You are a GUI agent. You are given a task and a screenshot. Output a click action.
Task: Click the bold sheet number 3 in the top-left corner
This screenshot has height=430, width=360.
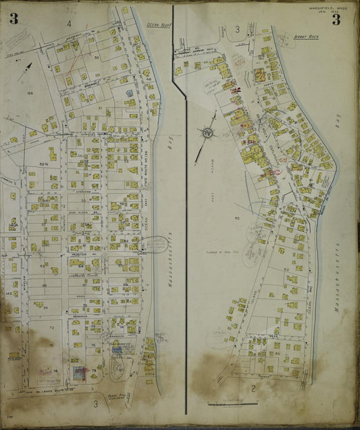(14, 19)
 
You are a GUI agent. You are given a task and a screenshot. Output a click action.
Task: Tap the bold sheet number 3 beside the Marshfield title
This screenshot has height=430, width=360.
(336, 19)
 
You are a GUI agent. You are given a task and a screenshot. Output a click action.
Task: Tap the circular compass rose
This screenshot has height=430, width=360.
(208, 133)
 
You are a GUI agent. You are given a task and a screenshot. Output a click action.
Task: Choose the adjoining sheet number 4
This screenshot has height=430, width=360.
(69, 24)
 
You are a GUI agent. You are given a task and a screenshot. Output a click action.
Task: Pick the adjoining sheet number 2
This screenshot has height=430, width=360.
(252, 388)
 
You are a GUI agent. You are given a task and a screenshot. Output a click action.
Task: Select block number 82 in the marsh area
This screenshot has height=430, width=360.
(237, 218)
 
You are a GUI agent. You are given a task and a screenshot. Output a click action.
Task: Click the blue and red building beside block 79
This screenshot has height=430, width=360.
(79, 373)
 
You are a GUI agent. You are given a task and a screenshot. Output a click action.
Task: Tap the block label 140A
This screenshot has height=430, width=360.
(11, 222)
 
